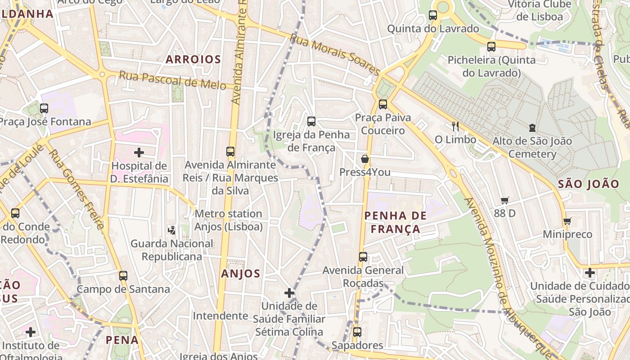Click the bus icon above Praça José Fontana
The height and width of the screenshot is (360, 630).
coord(44,108)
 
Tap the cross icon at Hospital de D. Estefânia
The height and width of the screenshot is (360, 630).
coord(139,153)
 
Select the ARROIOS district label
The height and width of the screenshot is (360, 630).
coord(193,59)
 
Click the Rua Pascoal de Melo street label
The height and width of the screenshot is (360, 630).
coord(172,81)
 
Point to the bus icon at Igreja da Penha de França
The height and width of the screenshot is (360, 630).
coord(311,121)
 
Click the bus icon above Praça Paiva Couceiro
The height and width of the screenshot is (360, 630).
coord(383,104)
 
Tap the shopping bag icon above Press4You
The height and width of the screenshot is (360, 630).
coord(365,159)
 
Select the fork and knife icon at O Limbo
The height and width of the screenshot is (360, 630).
coord(455,126)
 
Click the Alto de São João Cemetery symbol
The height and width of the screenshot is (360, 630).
coord(532,128)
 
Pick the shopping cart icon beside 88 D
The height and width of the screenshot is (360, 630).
coord(504,200)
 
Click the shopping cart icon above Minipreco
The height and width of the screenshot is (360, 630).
coord(567,221)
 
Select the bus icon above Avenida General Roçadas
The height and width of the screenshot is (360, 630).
coord(363,257)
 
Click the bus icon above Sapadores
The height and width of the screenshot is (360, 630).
coord(357,332)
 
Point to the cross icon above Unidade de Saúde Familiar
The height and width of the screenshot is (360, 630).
coord(289,293)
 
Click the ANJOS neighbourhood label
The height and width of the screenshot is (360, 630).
coord(241,274)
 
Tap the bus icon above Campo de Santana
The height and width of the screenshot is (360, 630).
coord(123,275)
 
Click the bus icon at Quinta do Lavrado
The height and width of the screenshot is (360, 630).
coord(433,15)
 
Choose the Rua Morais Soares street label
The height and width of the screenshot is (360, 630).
coord(335,55)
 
